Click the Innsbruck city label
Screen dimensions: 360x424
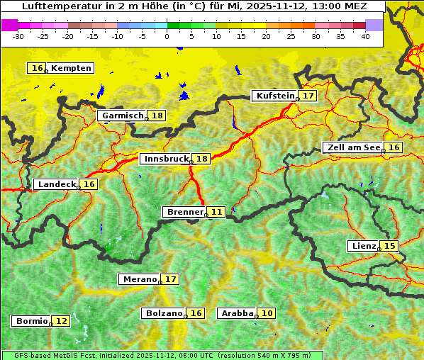pos(166,159)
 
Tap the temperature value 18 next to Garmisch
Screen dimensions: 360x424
pos(157,116)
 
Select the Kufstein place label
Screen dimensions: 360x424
pos(275,96)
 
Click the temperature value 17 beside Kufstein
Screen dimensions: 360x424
pos(308,96)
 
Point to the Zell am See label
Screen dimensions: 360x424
pos(353,147)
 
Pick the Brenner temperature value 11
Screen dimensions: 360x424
pos(217,212)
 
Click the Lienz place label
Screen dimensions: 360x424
pos(363,246)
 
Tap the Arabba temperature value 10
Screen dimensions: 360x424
pos(267,313)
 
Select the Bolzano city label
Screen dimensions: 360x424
pos(164,313)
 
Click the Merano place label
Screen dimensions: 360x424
pos(139,279)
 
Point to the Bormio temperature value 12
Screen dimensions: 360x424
pos(62,321)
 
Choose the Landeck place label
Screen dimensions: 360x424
pos(57,184)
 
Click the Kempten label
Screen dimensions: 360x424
pos(71,68)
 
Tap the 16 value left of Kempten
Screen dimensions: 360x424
pos(38,68)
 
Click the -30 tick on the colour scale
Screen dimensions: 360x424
pos(18,35)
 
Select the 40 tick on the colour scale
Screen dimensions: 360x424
pos(364,35)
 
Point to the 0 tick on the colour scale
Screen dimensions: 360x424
pos(167,35)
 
